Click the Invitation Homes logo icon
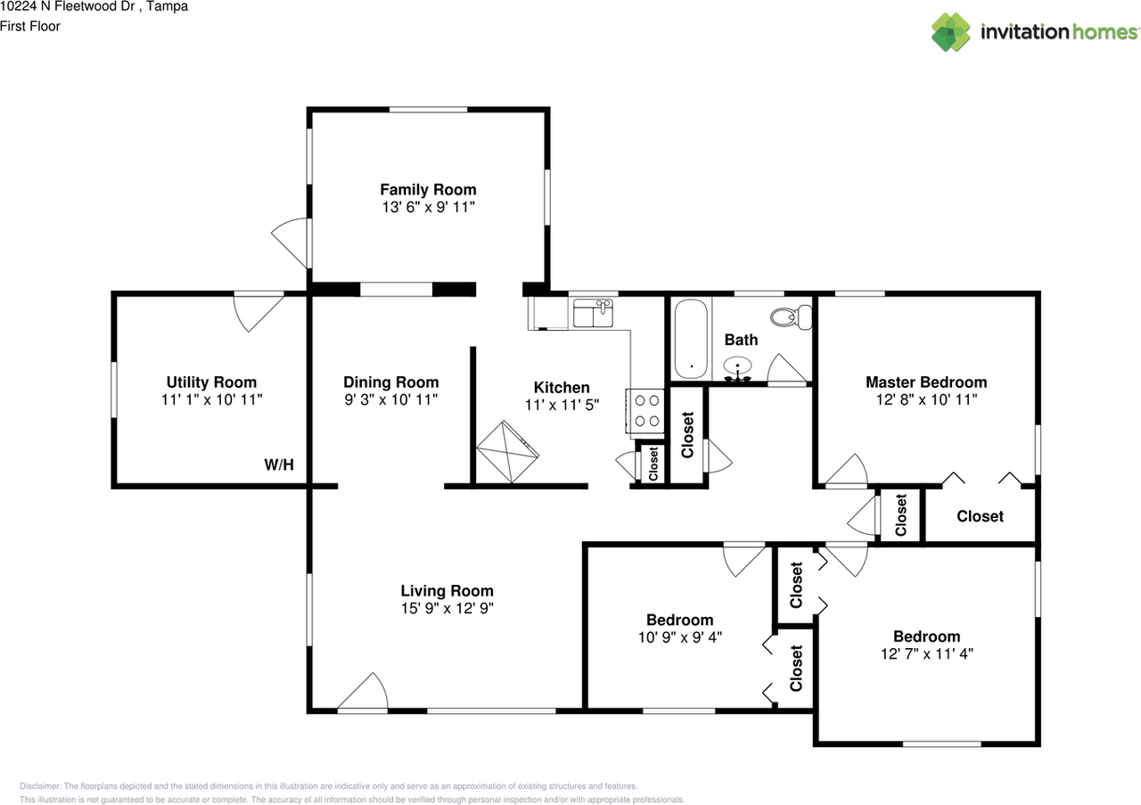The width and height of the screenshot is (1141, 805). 951,32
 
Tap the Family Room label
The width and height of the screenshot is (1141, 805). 428,190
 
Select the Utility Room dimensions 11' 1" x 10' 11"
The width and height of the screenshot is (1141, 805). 211,400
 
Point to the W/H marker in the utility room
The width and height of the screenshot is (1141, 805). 278,464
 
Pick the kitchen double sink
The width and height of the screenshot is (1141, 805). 593,315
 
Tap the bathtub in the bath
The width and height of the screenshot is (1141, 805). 691,340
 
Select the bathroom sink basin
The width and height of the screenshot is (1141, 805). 738,366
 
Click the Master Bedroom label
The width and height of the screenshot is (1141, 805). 926,382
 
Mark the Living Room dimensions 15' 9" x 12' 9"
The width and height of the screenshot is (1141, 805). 447,608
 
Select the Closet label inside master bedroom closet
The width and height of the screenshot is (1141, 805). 980,516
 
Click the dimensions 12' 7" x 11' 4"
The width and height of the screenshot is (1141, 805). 926,653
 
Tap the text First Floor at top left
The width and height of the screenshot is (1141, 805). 30,26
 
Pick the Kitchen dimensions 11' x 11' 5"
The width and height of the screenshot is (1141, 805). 562,404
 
